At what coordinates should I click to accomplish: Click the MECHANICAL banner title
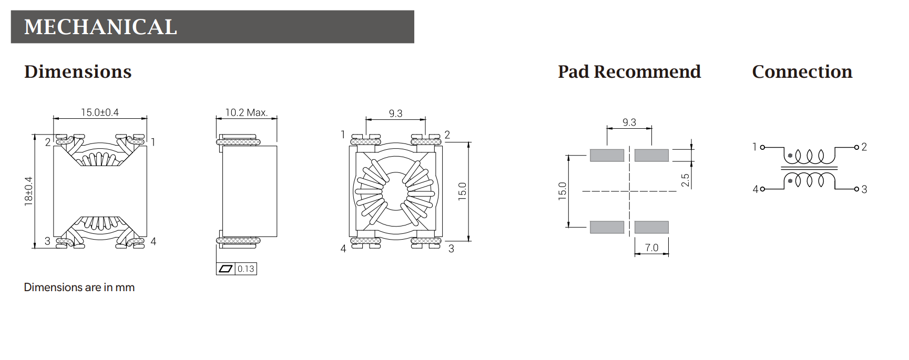coord(100,27)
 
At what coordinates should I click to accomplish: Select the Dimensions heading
coord(78,71)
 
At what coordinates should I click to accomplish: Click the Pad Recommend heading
coord(629,71)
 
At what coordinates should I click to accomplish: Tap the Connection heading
coord(802,71)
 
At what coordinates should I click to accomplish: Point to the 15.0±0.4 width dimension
coord(100,112)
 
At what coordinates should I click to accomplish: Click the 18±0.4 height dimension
coord(28,191)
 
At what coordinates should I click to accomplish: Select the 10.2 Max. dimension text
coord(247,112)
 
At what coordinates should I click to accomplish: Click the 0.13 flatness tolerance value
coord(246,269)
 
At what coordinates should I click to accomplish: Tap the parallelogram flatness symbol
coord(225,269)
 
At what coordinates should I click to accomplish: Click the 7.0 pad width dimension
coord(651,248)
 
